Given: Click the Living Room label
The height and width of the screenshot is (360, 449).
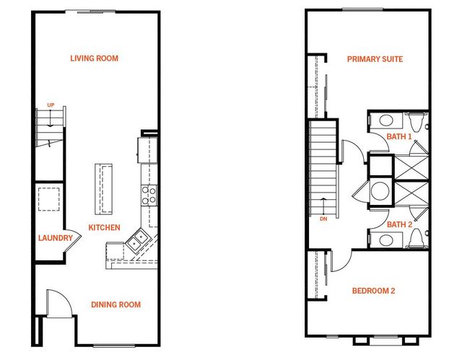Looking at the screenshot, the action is click(95, 58).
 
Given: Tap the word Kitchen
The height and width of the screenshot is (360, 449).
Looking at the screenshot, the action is click(104, 227).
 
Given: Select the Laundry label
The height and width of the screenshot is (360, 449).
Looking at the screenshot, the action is click(56, 238).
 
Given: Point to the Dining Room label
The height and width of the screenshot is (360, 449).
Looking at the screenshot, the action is click(116, 304).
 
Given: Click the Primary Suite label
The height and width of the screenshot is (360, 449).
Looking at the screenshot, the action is click(375, 59).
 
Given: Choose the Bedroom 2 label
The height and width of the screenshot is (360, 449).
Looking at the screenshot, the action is click(373, 291).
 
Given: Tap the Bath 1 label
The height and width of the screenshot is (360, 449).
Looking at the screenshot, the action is click(399, 136).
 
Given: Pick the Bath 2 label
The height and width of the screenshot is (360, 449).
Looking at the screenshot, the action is click(399, 224).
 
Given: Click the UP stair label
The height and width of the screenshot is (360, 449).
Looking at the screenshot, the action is click(51, 105).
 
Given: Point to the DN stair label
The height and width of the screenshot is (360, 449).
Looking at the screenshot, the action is click(323, 219).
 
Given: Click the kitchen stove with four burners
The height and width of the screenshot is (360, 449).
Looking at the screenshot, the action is click(149, 196).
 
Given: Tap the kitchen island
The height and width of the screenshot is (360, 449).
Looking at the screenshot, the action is click(103, 189).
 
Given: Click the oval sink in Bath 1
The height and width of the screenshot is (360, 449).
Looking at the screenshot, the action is click(386, 120).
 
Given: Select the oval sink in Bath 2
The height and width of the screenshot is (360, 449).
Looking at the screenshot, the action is click(386, 240).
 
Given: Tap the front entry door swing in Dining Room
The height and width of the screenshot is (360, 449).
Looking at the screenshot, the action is click(59, 303).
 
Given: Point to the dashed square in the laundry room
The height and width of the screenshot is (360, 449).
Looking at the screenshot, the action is click(49, 199).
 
